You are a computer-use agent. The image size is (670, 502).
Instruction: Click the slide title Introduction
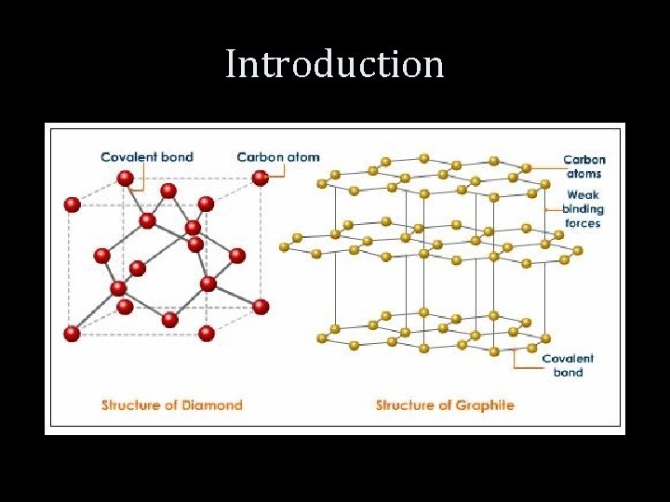335,64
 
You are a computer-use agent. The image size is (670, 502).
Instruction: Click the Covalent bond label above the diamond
147,157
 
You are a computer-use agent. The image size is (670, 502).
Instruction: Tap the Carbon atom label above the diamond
277,157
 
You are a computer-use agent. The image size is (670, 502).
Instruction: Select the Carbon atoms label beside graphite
583,166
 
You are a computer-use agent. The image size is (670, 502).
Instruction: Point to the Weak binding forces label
583,209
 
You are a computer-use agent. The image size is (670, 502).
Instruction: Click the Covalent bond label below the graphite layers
568,365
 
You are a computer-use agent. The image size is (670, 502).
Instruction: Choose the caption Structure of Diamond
171,405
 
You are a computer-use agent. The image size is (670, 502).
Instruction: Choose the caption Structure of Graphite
445,405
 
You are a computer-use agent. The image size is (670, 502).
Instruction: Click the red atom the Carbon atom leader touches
260,178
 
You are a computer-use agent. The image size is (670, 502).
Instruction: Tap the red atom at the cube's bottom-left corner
72,333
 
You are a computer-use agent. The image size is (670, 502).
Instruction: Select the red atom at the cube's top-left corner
71,205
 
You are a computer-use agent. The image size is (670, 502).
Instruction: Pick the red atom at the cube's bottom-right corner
261,306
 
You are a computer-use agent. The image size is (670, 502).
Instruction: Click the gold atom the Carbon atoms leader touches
527,168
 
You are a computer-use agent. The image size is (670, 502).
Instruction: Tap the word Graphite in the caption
484,405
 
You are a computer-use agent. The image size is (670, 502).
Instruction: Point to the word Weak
583,196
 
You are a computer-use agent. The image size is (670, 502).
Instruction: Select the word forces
583,223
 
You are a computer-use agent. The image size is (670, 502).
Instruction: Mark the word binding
583,209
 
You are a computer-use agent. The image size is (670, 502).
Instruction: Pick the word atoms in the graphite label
583,173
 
